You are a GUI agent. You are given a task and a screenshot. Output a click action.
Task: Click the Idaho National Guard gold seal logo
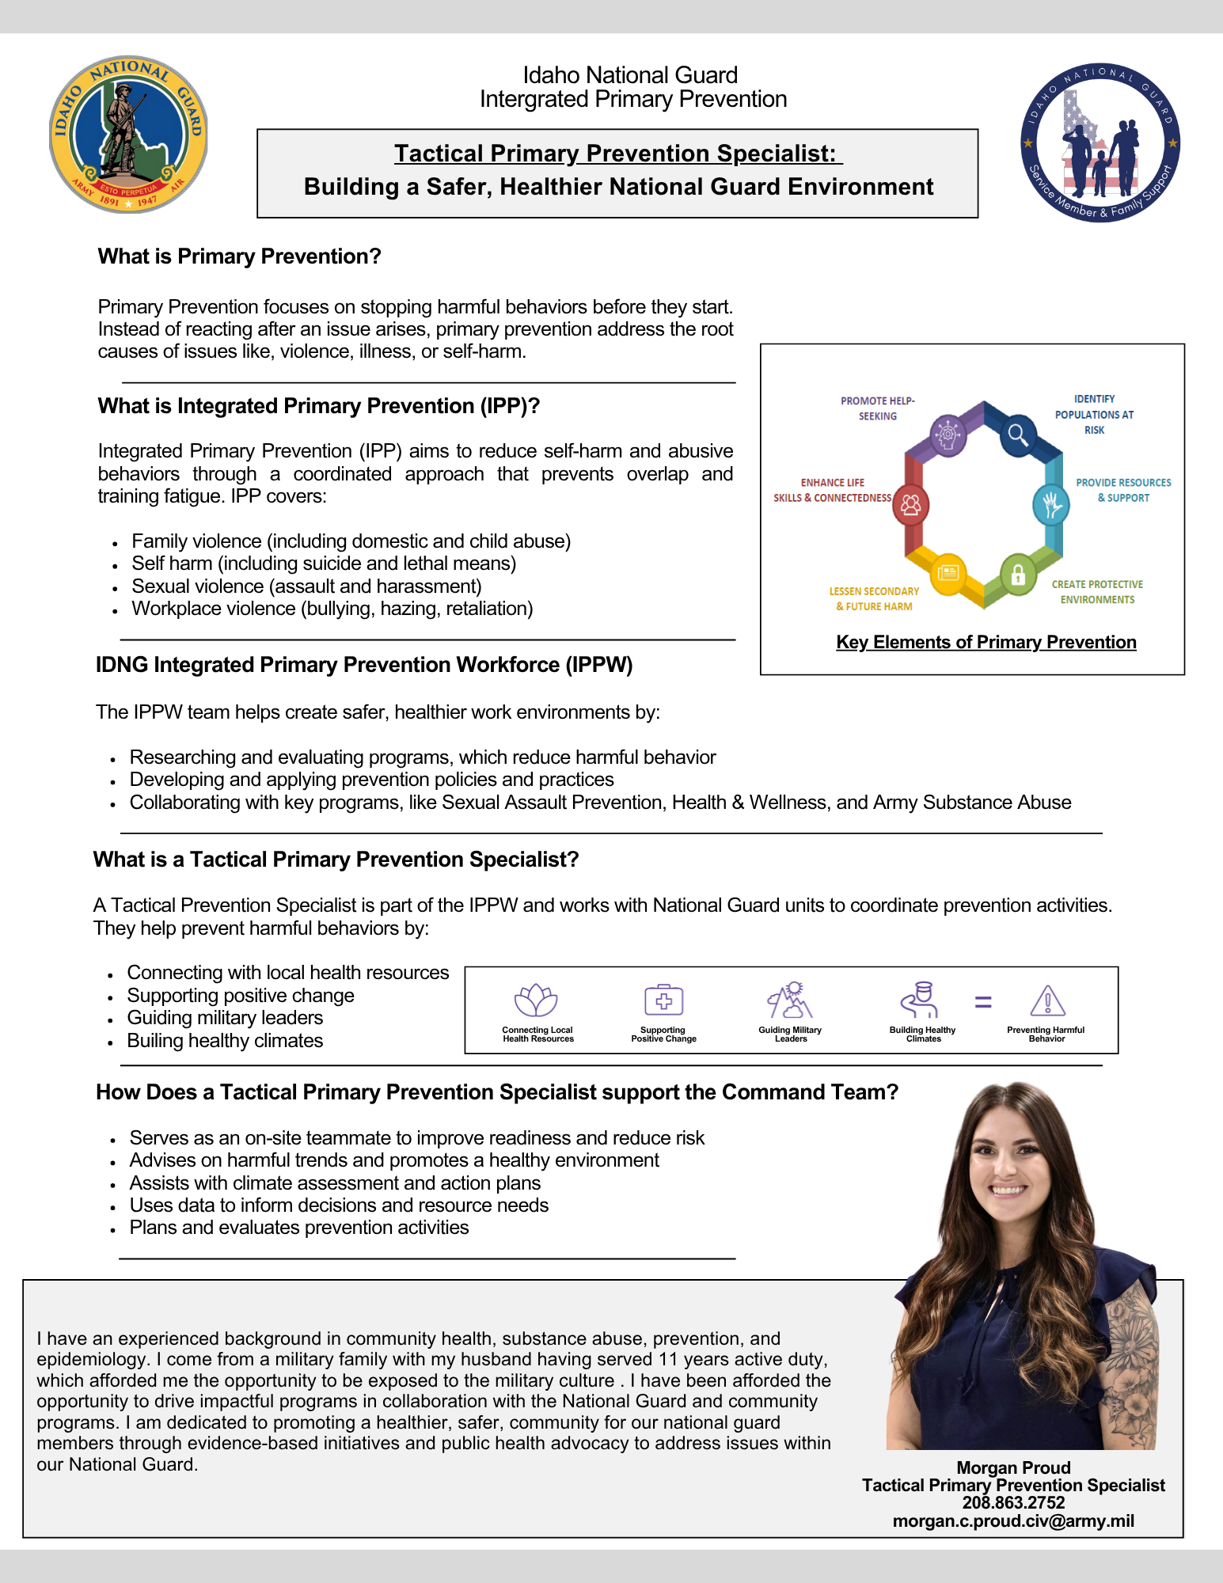[x=128, y=135]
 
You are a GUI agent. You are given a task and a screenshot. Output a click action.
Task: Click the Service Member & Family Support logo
[x=1100, y=143]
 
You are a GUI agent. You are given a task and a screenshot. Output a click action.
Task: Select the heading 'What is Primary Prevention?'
[x=239, y=256]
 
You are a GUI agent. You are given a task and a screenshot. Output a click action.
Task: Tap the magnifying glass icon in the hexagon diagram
[x=1018, y=435]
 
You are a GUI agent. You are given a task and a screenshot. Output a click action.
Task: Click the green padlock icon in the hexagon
[x=1018, y=575]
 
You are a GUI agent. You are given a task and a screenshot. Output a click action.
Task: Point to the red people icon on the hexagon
[x=911, y=505]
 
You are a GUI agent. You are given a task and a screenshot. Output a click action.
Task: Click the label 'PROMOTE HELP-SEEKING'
[x=877, y=408]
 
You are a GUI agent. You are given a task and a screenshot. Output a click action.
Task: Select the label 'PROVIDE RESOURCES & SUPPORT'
[x=1122, y=490]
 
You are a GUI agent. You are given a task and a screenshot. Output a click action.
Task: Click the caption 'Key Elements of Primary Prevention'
[x=986, y=642]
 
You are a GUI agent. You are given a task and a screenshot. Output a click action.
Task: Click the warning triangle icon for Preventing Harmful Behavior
[x=1047, y=1001]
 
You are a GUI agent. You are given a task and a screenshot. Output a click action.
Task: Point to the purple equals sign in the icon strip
[x=982, y=1002]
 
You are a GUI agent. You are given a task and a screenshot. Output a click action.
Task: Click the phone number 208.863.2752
[x=1013, y=1502]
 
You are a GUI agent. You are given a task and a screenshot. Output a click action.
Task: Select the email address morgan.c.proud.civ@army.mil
[x=1013, y=1520]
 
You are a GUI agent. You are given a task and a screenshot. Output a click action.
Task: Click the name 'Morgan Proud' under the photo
[x=1013, y=1467]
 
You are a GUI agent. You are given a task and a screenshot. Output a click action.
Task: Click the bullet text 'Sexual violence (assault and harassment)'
[x=306, y=587]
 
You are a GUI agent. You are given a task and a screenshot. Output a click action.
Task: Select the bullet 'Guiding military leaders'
[x=225, y=1018]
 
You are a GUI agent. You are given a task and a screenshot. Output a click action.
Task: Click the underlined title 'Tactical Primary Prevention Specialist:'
[x=617, y=154]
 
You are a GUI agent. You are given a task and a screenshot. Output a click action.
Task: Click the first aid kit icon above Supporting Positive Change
[x=663, y=1000]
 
